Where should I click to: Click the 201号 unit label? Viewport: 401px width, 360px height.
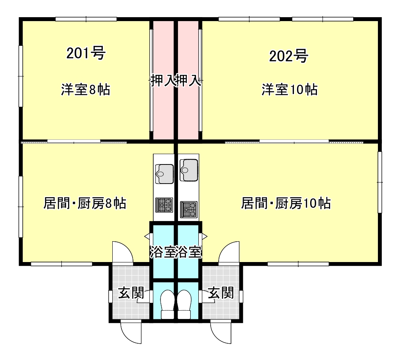tap(86, 53)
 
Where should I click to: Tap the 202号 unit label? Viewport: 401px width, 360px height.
tap(288, 56)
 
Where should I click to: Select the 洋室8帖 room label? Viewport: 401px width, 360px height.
tap(86, 90)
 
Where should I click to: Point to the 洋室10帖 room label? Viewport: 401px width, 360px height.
tap(290, 90)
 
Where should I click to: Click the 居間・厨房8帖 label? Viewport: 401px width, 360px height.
tap(85, 203)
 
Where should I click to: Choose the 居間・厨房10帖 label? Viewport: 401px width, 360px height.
tap(286, 203)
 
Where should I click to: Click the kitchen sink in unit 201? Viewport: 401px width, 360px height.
tap(164, 174)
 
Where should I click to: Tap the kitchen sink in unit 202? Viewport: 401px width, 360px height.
tap(189, 170)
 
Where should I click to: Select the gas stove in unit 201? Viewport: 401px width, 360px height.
tap(164, 205)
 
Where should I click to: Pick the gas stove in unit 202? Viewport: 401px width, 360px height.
tap(189, 209)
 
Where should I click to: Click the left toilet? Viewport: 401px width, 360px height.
tap(168, 304)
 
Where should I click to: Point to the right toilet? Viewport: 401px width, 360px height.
tap(184, 304)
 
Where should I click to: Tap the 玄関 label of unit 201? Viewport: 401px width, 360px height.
tap(131, 293)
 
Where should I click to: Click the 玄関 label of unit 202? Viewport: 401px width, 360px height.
tap(221, 293)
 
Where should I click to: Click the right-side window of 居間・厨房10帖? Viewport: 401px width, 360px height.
tap(380, 182)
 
